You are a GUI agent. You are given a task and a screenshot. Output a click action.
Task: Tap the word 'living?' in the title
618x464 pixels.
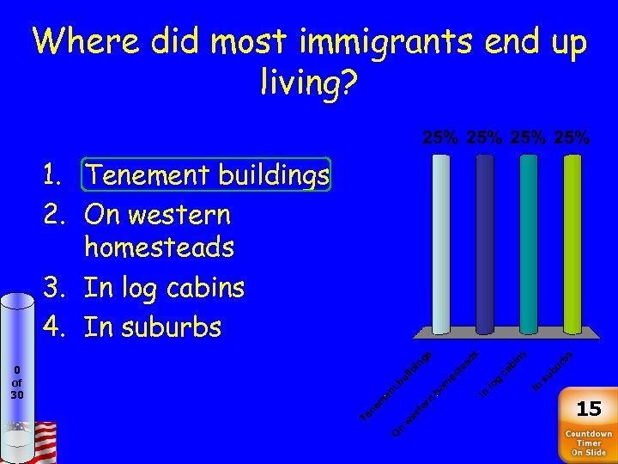[308, 83]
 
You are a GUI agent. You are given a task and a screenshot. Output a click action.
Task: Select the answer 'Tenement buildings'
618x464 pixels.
[207, 175]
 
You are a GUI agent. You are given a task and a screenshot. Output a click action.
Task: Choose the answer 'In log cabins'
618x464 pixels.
[164, 287]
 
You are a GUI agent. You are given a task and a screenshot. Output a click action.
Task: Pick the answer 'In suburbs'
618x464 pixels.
[153, 327]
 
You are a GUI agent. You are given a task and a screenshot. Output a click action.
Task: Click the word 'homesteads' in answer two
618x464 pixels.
[159, 248]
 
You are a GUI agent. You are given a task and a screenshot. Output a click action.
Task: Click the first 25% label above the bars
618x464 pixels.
[440, 137]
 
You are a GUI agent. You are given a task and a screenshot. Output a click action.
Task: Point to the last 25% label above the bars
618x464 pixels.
[572, 137]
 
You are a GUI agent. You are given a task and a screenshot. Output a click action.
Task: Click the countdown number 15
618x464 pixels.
[588, 408]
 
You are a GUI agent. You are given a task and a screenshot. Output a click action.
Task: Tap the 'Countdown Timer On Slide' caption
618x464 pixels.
[588, 443]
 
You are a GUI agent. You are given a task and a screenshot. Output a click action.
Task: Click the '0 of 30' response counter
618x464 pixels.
[17, 382]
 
